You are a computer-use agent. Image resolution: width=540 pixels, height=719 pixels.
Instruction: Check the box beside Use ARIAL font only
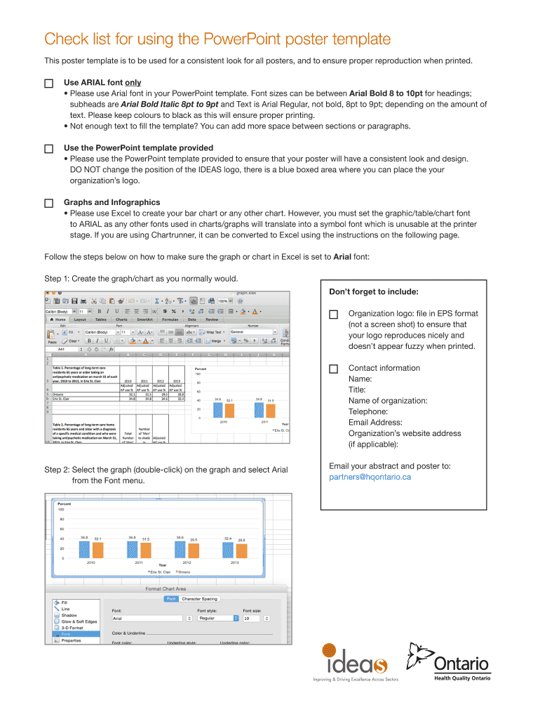pos(48,83)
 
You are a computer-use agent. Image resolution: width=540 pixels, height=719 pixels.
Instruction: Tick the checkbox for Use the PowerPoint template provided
pos(48,149)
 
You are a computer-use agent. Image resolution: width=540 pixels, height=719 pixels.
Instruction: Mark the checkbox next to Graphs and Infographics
pos(48,203)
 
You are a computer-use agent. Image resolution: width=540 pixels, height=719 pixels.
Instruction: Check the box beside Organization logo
pos(333,314)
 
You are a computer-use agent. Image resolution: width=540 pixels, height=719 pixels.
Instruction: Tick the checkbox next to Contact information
pos(333,369)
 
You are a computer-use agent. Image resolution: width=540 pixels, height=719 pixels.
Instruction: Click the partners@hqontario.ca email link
pos(370,477)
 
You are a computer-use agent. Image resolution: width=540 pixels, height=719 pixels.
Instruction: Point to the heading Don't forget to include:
pos(374,291)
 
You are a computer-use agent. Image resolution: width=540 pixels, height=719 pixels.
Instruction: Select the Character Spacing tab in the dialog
pos(200,598)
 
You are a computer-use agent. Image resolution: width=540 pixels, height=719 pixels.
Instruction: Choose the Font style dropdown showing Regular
pos(215,619)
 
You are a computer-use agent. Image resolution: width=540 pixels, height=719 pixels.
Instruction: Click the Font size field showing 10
pos(252,619)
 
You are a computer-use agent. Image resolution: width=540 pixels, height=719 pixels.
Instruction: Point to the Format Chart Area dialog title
pos(166,588)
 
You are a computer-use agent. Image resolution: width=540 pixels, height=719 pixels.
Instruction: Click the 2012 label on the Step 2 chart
pos(187,562)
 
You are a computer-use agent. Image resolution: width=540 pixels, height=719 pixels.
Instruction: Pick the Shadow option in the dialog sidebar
pos(69,615)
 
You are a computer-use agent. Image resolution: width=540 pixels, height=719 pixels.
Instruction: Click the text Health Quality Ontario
pos(461,678)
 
